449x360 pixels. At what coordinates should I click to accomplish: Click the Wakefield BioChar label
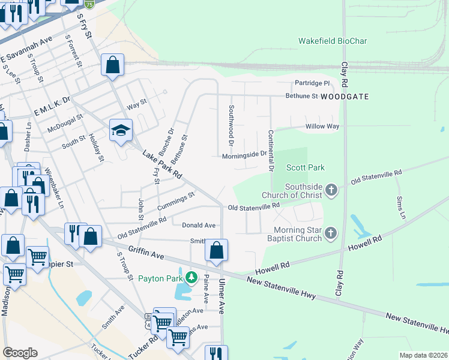point(333,41)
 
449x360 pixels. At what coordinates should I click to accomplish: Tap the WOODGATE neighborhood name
point(344,96)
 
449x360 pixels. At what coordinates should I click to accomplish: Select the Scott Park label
point(305,167)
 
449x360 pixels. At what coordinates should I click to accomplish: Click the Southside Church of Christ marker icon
point(331,191)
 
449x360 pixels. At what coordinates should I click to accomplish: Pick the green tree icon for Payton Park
point(191,278)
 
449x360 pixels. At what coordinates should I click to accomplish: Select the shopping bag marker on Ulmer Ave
point(217,250)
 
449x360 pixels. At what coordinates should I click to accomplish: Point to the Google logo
point(20,352)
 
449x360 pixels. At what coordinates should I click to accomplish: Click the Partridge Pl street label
point(312,83)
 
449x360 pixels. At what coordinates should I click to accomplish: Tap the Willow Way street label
point(322,127)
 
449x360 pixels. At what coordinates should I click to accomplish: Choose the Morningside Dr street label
point(244,154)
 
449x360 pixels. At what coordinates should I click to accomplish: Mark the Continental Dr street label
point(271,151)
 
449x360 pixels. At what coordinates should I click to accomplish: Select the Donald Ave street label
point(199,225)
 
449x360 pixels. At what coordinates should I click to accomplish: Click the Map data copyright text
point(423,355)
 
